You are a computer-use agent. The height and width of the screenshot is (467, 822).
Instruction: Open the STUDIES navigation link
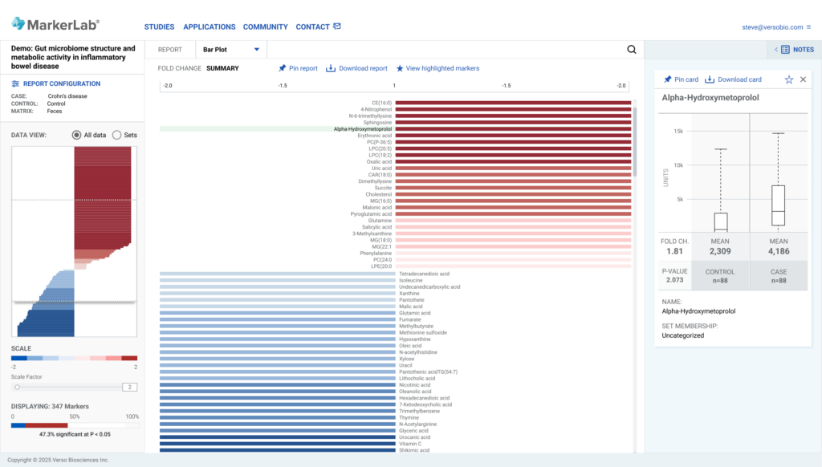159,26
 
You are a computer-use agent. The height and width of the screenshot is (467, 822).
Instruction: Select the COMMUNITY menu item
265,26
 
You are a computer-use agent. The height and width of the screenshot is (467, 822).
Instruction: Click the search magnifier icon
631,50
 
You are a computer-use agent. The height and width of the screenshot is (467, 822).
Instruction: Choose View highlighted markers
437,68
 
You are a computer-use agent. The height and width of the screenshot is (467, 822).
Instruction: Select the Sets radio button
117,135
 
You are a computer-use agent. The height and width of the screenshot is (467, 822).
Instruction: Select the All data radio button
77,135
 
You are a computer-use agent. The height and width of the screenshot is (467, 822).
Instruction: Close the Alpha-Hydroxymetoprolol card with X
803,79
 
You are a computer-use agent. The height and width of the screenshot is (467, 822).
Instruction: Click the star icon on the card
789,79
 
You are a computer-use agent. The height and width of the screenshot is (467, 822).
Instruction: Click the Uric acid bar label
381,168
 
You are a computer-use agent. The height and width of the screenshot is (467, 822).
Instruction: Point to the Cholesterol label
379,194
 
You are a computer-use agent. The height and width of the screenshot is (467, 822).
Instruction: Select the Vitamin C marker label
410,444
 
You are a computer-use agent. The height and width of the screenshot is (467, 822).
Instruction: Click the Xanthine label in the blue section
409,293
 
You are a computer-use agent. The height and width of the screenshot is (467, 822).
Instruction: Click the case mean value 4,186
779,251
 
